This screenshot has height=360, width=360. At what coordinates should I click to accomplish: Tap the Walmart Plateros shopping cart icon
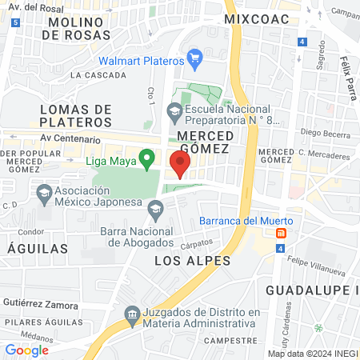coord(194,58)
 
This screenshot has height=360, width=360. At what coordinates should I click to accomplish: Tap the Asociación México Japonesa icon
coord(43,192)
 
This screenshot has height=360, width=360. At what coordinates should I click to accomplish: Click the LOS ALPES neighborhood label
coord(192,261)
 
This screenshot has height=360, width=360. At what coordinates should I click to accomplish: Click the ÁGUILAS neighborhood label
coord(38,249)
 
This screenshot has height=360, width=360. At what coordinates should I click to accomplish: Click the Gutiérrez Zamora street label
coord(40,305)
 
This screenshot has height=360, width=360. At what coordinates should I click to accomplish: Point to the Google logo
coord(26,350)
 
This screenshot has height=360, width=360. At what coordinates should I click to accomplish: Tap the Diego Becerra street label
coord(325,133)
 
